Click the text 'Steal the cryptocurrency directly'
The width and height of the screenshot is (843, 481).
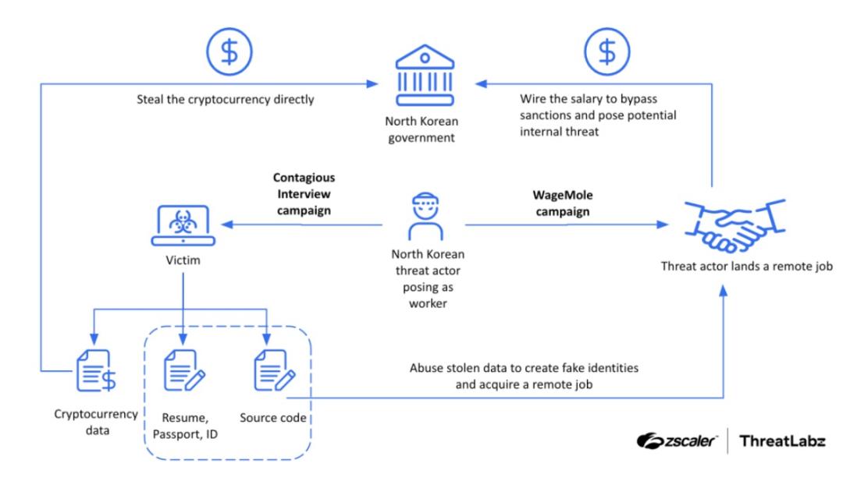click(x=226, y=100)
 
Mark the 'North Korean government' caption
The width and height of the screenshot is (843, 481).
click(x=421, y=130)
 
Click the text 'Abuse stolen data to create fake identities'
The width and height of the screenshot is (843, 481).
click(x=529, y=367)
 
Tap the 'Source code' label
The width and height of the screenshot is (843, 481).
click(x=273, y=419)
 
